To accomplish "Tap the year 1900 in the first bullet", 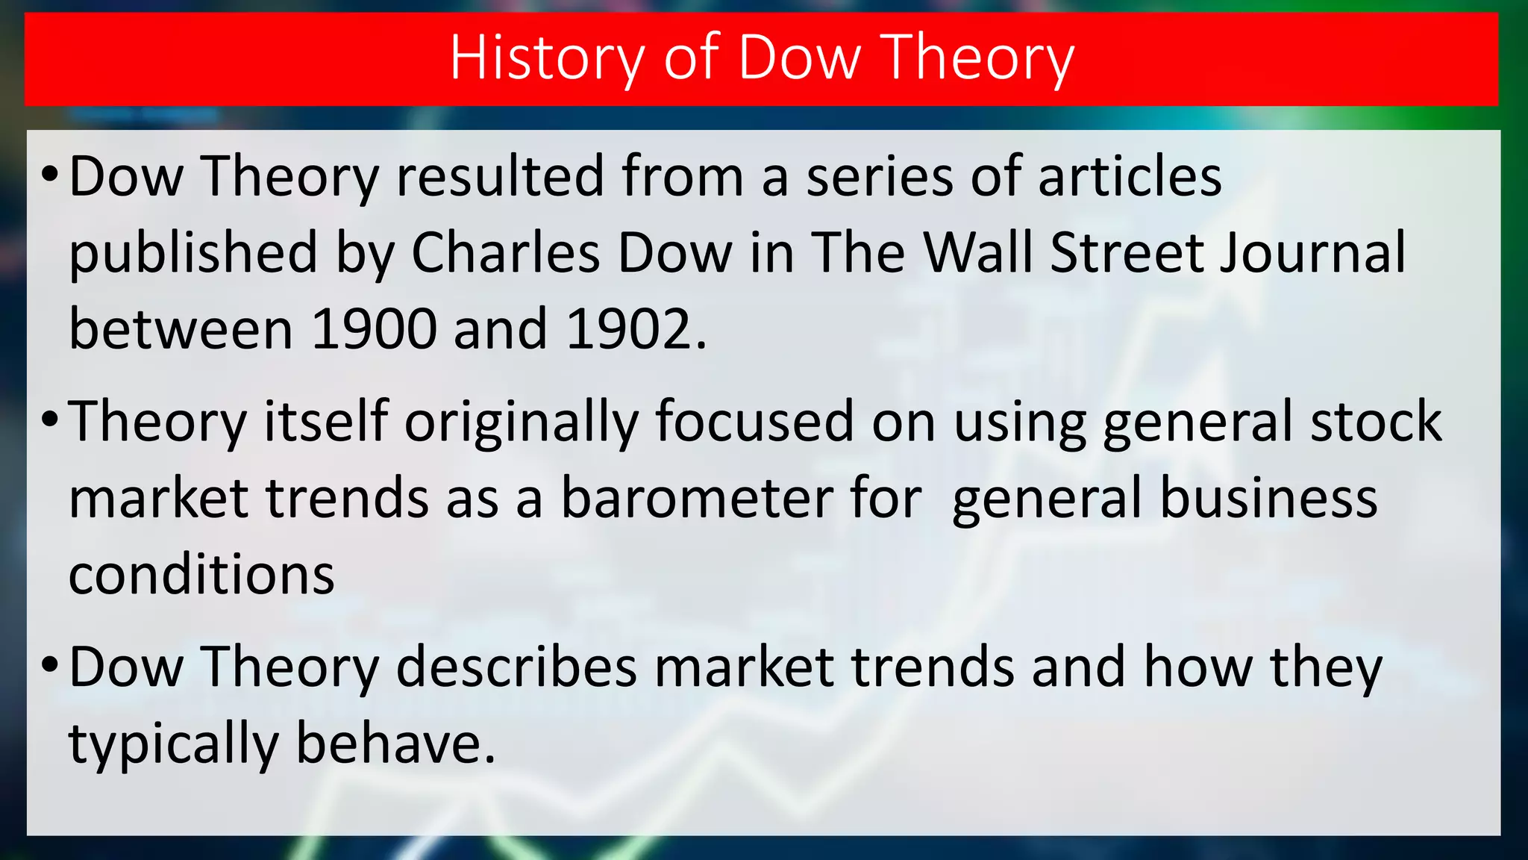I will (373, 329).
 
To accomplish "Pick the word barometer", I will (696, 498).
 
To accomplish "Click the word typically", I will (173, 744).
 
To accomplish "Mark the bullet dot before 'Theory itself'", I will (50, 420).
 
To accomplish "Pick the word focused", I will (754, 422).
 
